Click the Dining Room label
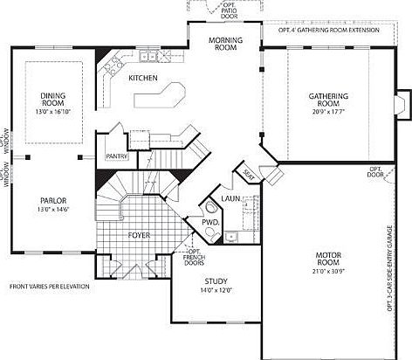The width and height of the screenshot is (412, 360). tap(53, 97)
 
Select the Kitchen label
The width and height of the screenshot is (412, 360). tap(143, 79)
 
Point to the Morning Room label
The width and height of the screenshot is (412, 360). tap(223, 45)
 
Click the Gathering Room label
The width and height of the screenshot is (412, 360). tap(329, 99)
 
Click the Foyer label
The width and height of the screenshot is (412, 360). tap(140, 234)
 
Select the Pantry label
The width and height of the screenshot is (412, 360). tap(117, 157)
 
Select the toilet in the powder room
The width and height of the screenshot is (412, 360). tap(211, 208)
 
